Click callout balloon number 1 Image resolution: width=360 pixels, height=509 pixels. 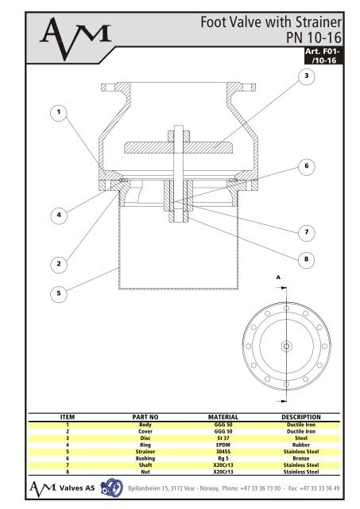[x=56, y=112]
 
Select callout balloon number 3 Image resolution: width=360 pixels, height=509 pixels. [x=305, y=75]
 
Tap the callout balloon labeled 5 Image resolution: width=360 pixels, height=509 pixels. [x=56, y=293]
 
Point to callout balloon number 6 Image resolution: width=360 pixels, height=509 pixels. [x=305, y=165]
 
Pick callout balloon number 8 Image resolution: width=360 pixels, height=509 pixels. [x=305, y=258]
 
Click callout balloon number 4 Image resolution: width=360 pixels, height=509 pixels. [x=56, y=213]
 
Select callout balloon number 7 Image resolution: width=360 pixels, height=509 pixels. [x=305, y=231]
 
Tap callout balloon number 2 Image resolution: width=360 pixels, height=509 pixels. [x=56, y=262]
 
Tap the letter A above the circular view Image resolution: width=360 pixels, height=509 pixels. [x=279, y=278]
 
